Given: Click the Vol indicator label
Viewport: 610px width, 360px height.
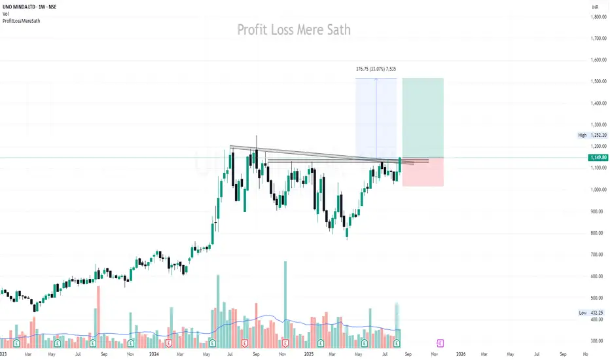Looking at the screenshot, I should [x=6, y=14].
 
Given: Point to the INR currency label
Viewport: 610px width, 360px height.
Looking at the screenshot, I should [x=595, y=7].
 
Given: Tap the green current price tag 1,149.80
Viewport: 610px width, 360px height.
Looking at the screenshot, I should [x=596, y=158].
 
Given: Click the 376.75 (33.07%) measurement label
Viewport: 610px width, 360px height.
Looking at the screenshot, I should [x=376, y=68].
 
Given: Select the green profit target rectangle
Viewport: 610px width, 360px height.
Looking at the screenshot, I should [x=423, y=118].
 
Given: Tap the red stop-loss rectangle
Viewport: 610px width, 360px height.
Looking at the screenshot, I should [x=423, y=172].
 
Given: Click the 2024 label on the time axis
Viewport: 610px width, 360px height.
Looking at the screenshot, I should [x=155, y=353].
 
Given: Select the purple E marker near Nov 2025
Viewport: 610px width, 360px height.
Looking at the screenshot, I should [x=440, y=342].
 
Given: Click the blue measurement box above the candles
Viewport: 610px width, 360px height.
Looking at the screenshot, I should [x=376, y=118].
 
